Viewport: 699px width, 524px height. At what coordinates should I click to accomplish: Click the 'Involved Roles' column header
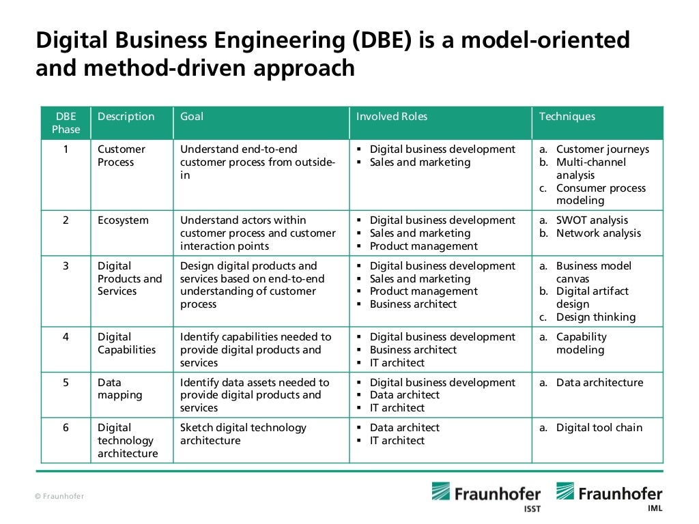pos(392,117)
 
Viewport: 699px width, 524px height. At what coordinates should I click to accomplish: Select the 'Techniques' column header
pos(567,117)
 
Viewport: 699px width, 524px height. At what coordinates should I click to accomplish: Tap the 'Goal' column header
pos(192,117)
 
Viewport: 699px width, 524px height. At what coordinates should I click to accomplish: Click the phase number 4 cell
pos(66,337)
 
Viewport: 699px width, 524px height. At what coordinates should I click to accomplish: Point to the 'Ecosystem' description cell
pos(123,220)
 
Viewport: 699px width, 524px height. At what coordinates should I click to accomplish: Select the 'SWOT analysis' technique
pos(592,220)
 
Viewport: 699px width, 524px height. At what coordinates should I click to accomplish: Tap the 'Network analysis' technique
pos(599,233)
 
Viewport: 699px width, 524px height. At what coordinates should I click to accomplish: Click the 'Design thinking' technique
pos(595,317)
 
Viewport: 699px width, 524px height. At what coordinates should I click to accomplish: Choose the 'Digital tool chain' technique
pos(599,428)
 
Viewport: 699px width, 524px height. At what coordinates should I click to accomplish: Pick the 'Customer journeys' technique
pos(603,149)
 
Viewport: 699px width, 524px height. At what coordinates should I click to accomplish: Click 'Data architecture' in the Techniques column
pos(599,383)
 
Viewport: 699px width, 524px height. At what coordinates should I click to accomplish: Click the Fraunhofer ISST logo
pos(485,496)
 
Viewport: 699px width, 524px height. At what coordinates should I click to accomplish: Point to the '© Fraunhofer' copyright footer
pos(59,496)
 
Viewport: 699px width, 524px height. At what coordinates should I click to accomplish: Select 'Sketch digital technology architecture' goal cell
pos(243,434)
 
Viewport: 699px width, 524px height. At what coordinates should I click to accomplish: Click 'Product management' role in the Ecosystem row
pos(424,246)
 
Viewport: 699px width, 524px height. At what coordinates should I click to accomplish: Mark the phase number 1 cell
pos(66,149)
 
